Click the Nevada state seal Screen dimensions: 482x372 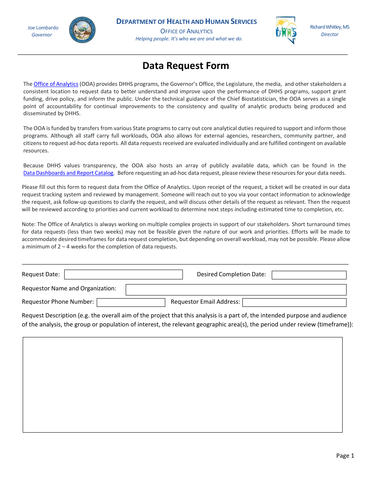click(x=82, y=30)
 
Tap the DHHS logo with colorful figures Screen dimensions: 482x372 click(x=286, y=30)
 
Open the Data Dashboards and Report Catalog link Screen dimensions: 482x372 click(x=69, y=173)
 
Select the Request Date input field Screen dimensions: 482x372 click(x=123, y=274)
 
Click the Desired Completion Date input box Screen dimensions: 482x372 click(x=309, y=275)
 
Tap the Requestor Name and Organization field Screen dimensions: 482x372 click(x=236, y=290)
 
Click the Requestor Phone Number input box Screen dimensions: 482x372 click(x=131, y=303)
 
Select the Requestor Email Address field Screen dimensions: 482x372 click(x=294, y=303)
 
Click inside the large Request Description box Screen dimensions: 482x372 click(x=182, y=384)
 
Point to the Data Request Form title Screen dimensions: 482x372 click(x=186, y=66)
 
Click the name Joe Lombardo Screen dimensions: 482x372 click(x=43, y=28)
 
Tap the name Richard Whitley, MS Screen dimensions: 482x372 click(x=330, y=27)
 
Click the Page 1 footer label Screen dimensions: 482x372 click(x=345, y=455)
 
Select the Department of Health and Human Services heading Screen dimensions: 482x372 click(x=187, y=22)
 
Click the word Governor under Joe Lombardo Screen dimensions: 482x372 click(x=42, y=35)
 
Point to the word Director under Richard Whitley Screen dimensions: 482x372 click(x=330, y=34)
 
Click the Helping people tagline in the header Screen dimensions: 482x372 click(x=189, y=39)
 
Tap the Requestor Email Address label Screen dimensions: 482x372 click(x=206, y=302)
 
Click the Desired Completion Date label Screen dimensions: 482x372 click(x=231, y=274)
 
